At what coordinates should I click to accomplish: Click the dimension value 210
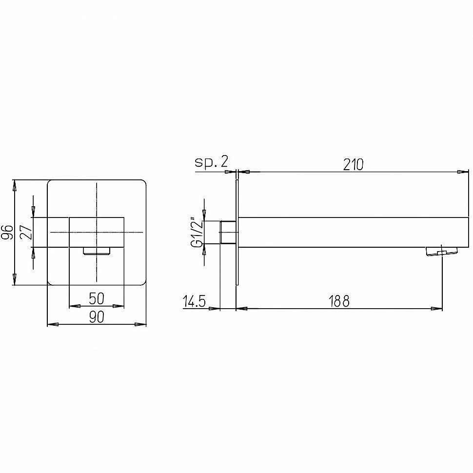tap(353, 165)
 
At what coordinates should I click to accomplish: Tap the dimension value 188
tap(339, 301)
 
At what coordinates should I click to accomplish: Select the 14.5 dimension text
tap(194, 301)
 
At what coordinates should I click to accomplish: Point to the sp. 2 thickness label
tap(211, 162)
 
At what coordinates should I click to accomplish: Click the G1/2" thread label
tap(197, 232)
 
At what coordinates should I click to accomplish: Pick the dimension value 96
tap(7, 232)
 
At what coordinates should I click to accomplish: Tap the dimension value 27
tap(26, 232)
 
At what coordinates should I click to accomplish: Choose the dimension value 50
tap(97, 298)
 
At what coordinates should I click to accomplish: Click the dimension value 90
tap(97, 317)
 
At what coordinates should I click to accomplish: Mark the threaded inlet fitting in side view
tap(228, 232)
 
